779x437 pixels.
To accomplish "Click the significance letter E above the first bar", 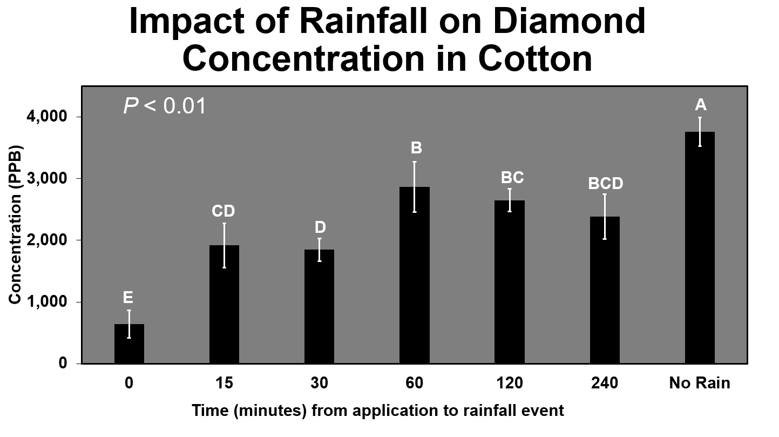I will pyautogui.click(x=128, y=298).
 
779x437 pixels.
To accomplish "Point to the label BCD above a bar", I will pyautogui.click(x=605, y=184).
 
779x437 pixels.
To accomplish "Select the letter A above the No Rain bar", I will pyautogui.click(x=700, y=105).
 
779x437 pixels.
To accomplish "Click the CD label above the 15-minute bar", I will pyautogui.click(x=223, y=211).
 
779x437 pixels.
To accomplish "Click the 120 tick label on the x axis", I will pyautogui.click(x=510, y=383).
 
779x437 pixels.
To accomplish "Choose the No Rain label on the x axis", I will pyautogui.click(x=700, y=383).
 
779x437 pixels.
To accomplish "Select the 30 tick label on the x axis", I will pyautogui.click(x=319, y=383).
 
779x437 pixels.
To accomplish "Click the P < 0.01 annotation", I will pyautogui.click(x=165, y=106).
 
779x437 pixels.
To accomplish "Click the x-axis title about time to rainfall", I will pyautogui.click(x=377, y=411).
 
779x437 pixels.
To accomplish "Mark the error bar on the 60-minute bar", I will pyautogui.click(x=414, y=186).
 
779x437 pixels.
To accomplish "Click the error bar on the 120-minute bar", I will pyautogui.click(x=510, y=200).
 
